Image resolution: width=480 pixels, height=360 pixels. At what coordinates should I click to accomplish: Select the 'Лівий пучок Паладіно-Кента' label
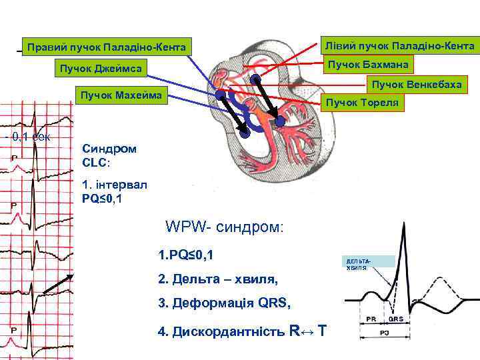(x=399, y=45)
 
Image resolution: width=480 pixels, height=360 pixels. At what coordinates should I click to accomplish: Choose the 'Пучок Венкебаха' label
(x=416, y=84)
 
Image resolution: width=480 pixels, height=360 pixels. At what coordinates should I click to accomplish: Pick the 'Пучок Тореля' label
(x=363, y=103)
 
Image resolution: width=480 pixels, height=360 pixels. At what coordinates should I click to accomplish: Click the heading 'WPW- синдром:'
(x=225, y=227)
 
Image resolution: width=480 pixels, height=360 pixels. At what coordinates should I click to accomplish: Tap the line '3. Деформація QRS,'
(x=225, y=303)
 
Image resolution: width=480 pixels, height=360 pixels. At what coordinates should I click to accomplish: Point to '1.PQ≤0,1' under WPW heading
(x=186, y=255)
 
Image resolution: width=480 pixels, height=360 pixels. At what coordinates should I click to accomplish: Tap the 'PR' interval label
(x=375, y=319)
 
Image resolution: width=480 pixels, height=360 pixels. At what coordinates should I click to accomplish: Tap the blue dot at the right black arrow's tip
(x=280, y=123)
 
